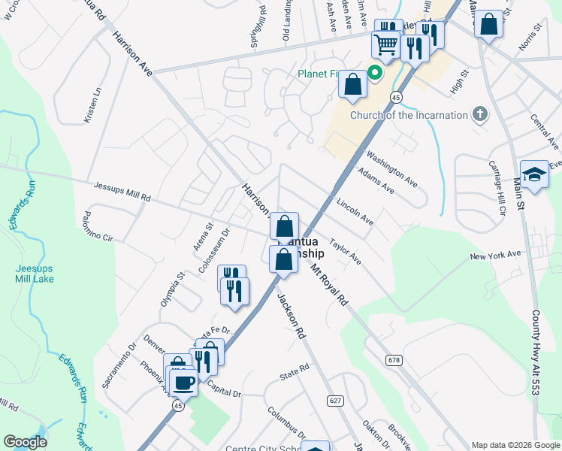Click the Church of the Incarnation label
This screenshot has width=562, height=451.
tap(409, 115)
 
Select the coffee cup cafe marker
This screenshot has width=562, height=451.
tap(183, 382)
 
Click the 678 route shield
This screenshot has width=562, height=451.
tap(394, 361)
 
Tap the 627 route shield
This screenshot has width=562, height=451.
tap(335, 401)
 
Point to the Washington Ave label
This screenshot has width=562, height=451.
tap(391, 168)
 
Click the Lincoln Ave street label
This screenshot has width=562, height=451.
tap(355, 211)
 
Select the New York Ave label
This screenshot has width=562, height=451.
tap(495, 256)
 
